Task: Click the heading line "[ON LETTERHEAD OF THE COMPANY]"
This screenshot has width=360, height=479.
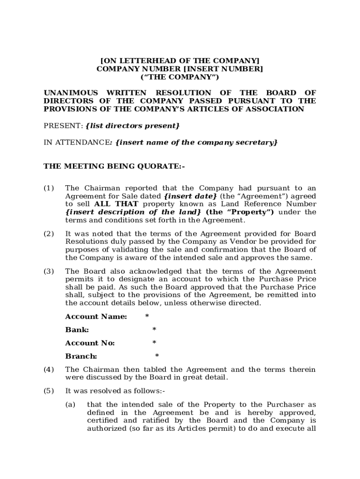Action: pyautogui.click(x=180, y=61)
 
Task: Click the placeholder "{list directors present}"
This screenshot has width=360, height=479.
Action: pyautogui.click(x=133, y=126)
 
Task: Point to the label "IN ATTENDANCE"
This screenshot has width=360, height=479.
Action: pyautogui.click(x=76, y=142)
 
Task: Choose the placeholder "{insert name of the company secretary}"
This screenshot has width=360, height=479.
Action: pyautogui.click(x=196, y=142)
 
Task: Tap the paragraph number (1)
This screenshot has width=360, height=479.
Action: pyautogui.click(x=49, y=188)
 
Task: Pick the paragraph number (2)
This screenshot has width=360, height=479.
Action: pyautogui.click(x=49, y=233)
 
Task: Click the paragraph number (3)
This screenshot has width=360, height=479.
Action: pyautogui.click(x=49, y=271)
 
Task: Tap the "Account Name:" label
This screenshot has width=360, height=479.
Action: pyautogui.click(x=96, y=317)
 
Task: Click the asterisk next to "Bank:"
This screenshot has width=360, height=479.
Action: pyautogui.click(x=154, y=330)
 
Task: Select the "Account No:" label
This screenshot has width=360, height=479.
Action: pyautogui.click(x=90, y=343)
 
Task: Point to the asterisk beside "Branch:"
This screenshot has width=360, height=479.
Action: pyautogui.click(x=157, y=356)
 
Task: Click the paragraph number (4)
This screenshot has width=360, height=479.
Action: pyautogui.click(x=49, y=370)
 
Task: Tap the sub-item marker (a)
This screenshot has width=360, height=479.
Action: pyautogui.click(x=71, y=405)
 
